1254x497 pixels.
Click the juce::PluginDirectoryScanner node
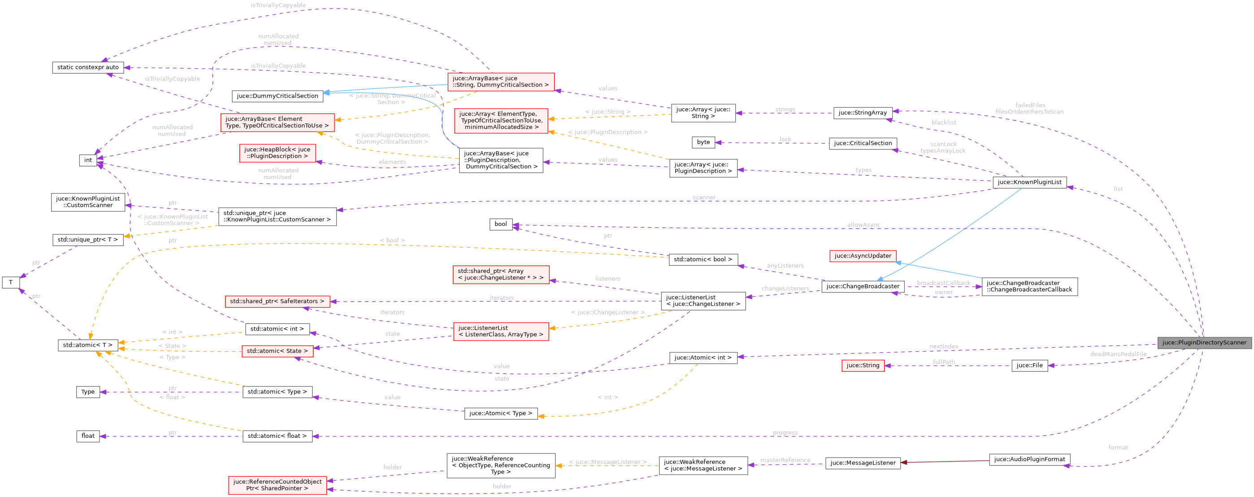tap(1204, 343)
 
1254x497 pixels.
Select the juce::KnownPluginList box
tap(1029, 182)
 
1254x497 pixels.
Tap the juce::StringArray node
tap(863, 113)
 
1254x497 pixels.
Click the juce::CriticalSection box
tap(863, 143)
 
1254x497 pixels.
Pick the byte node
tap(703, 142)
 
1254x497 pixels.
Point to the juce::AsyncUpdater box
tap(863, 256)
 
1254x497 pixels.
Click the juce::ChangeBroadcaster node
tap(863, 286)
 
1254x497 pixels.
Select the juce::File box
tap(1029, 365)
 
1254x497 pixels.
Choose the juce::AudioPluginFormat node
tap(1029, 459)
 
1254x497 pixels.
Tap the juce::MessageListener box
tap(863, 463)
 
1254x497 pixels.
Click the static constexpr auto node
tap(87, 67)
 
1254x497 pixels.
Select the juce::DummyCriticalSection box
tap(277, 96)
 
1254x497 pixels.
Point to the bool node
tap(500, 224)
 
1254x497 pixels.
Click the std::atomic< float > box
tap(277, 436)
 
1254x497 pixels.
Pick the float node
tap(87, 436)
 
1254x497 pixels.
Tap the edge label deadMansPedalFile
tap(1118, 354)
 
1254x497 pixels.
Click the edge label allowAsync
tap(863, 225)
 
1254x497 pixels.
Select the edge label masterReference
tap(785, 460)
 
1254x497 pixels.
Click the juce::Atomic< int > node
tap(703, 358)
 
